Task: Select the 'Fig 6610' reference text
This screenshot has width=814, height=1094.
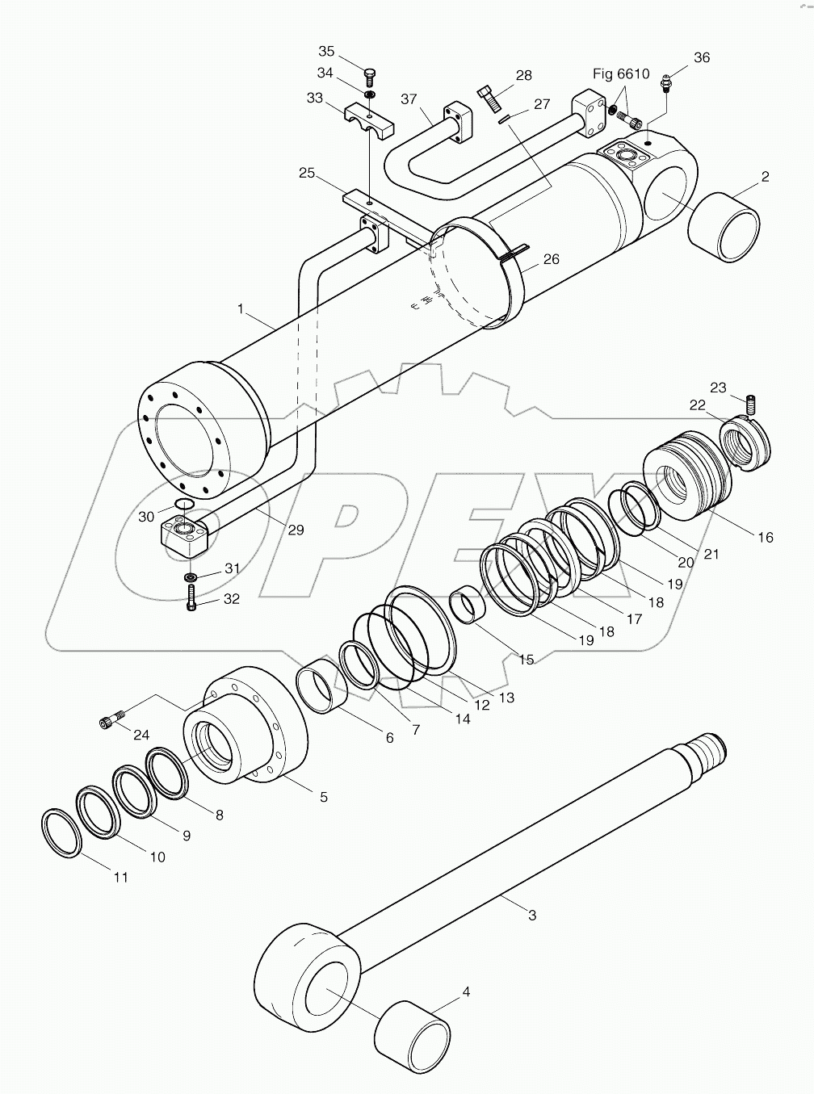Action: (x=621, y=73)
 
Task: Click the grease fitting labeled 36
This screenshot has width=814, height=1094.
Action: (x=665, y=81)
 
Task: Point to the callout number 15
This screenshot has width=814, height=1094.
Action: (x=526, y=660)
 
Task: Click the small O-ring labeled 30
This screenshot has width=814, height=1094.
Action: (x=184, y=505)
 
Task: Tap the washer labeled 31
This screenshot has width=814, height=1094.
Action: (x=192, y=577)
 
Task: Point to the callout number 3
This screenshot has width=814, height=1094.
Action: (x=531, y=915)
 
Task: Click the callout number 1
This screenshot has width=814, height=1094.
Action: (x=241, y=309)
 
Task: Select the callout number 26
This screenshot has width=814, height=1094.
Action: (x=551, y=259)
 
